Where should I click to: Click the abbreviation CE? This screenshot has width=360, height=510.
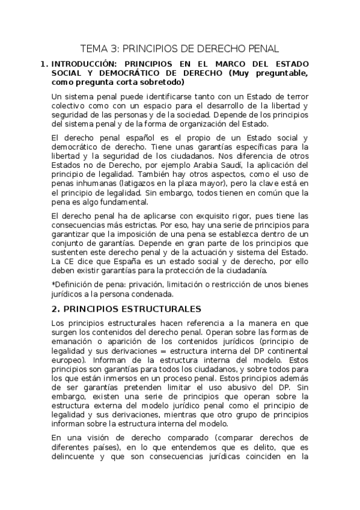click(x=65, y=261)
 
